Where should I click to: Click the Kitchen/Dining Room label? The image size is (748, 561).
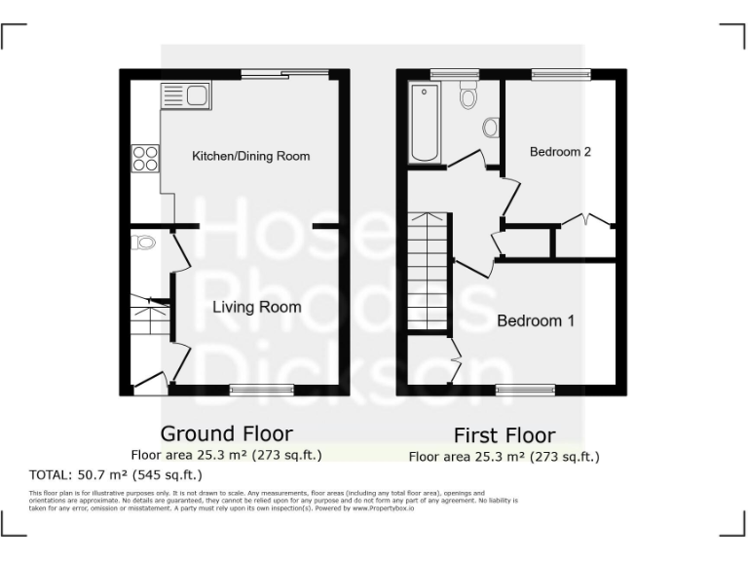tap(250, 156)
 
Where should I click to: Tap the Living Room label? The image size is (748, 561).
tap(257, 307)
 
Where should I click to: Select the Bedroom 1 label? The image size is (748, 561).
tap(536, 320)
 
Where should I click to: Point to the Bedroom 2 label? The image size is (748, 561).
tap(560, 152)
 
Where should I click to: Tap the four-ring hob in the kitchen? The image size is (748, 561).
tap(145, 158)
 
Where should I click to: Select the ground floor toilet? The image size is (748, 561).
tap(143, 243)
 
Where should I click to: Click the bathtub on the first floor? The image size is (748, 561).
tap(426, 123)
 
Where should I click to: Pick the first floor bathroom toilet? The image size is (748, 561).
tap(467, 95)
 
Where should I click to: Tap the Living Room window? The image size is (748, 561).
tap(261, 390)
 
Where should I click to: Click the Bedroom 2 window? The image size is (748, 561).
tap(561, 74)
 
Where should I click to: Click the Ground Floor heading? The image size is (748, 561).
tap(226, 433)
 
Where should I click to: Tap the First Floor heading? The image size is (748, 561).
tap(505, 435)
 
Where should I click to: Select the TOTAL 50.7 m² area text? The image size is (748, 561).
tap(117, 475)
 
